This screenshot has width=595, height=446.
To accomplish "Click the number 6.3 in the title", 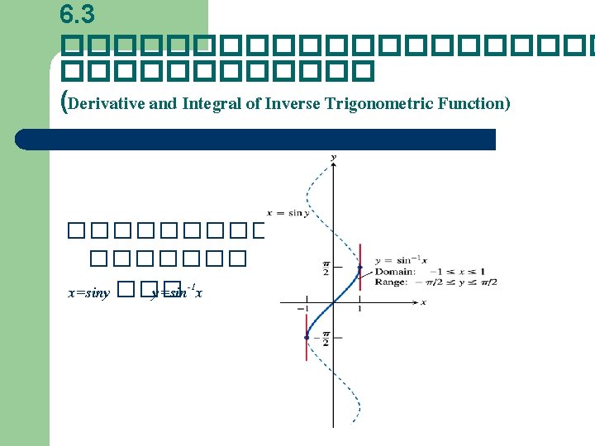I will click(78, 13).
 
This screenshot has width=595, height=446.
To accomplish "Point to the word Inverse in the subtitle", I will click(293, 104).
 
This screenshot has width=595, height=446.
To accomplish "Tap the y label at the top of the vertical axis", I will click(333, 156).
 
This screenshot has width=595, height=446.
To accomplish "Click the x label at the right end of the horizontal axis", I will click(423, 302).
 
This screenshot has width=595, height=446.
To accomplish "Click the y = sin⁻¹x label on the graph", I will click(402, 261).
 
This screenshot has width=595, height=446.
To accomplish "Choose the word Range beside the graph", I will click(390, 282).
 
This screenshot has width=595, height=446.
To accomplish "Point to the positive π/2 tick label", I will click(326, 268).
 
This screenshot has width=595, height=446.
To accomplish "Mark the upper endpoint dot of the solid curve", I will click(359, 268).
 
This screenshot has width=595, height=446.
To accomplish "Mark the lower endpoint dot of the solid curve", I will click(307, 337).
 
